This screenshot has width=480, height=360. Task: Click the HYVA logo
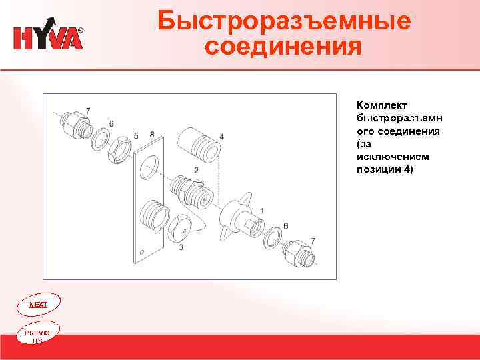pyautogui.click(x=48, y=38)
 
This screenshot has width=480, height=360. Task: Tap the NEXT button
pyautogui.click(x=39, y=304)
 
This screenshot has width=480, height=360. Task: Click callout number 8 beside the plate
pyautogui.click(x=152, y=134)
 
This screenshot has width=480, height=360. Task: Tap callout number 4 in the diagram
pyautogui.click(x=221, y=137)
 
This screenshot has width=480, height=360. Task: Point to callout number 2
pyautogui.click(x=196, y=170)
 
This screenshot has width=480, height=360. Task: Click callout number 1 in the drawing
pyautogui.click(x=262, y=210)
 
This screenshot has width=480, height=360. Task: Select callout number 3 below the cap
pyautogui.click(x=181, y=247)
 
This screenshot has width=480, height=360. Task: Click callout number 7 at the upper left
pyautogui.click(x=89, y=109)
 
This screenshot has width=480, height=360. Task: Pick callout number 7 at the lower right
pyautogui.click(x=313, y=239)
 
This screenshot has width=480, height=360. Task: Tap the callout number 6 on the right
pyautogui.click(x=285, y=226)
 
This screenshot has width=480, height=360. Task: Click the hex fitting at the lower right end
pyautogui.click(x=295, y=254)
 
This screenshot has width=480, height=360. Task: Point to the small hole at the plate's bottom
pyautogui.click(x=141, y=251)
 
